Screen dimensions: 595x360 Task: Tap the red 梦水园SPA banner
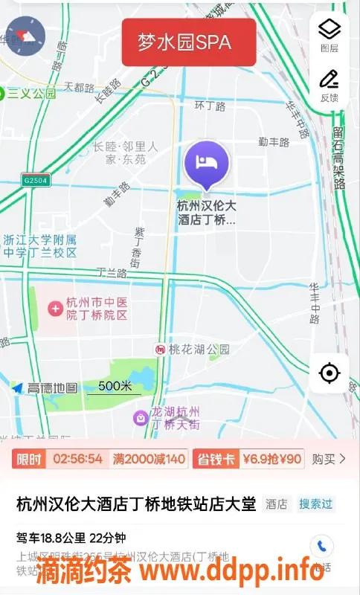[x=189, y=42]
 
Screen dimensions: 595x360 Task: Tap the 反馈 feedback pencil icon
[x=329, y=79]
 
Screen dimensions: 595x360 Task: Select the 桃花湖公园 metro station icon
[x=160, y=349]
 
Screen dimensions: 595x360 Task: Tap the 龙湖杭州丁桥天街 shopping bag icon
[x=140, y=419]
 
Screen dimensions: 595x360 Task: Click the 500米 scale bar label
[x=115, y=386]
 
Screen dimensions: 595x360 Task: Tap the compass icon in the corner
[x=25, y=36]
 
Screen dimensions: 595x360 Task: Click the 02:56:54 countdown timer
[x=78, y=459]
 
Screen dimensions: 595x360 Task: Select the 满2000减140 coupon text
[x=149, y=459]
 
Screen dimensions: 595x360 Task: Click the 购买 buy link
[x=328, y=459]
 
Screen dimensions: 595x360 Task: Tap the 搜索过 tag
[x=316, y=504]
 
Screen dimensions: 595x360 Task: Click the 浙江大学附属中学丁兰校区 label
[x=40, y=246]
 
